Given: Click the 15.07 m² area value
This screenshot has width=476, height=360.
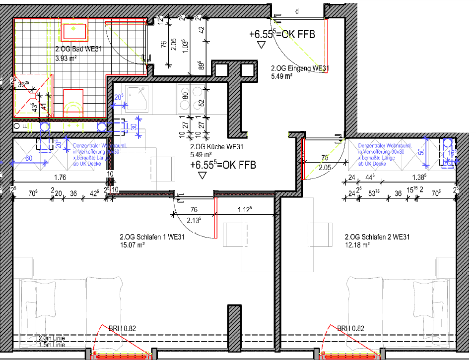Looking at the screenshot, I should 132,244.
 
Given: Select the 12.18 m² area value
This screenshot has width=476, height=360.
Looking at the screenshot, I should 357,244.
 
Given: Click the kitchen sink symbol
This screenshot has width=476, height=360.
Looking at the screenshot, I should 136,97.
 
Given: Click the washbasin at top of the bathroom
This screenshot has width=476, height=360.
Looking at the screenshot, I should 74,29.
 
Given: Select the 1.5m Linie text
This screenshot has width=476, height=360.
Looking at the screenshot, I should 52,344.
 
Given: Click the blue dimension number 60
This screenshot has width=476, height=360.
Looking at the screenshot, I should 28,158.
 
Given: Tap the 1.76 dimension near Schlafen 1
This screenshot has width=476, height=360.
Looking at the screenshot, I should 60,177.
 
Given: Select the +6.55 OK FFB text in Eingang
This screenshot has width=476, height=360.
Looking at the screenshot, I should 282,34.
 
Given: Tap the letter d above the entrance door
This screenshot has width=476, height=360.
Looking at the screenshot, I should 297,10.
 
